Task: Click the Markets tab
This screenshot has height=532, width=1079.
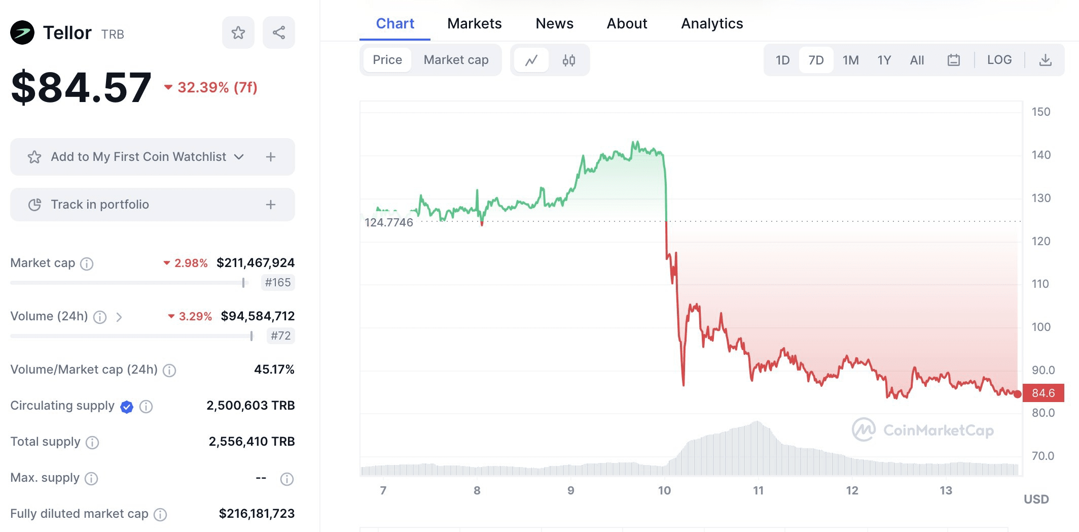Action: pyautogui.click(x=474, y=23)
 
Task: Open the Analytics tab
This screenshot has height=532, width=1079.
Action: pyautogui.click(x=711, y=23)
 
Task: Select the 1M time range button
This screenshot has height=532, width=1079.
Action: pyautogui.click(x=850, y=60)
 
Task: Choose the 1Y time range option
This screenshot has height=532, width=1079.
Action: pyautogui.click(x=884, y=60)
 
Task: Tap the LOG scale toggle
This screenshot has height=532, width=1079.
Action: pyautogui.click(x=999, y=60)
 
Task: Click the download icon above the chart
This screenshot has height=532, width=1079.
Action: pyautogui.click(x=1045, y=60)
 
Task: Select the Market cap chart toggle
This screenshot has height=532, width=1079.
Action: pyautogui.click(x=456, y=60)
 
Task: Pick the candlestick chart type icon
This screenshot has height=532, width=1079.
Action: pyautogui.click(x=568, y=60)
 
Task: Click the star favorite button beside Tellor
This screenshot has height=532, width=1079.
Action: pyautogui.click(x=238, y=33)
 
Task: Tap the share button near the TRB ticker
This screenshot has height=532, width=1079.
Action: pyautogui.click(x=278, y=33)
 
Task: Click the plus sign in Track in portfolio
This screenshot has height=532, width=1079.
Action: pyautogui.click(x=271, y=205)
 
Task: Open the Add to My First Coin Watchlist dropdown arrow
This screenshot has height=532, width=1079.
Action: pyautogui.click(x=239, y=157)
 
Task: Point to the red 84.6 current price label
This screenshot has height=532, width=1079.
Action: pyautogui.click(x=1043, y=393)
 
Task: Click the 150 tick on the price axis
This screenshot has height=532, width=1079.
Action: pyautogui.click(x=1040, y=112)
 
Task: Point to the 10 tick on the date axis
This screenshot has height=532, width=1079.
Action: pyautogui.click(x=664, y=490)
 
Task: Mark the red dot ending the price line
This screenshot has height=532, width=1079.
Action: pyautogui.click(x=1017, y=394)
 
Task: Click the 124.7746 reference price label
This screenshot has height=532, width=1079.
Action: pyautogui.click(x=389, y=222)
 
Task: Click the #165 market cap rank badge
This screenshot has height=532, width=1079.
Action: pyautogui.click(x=278, y=282)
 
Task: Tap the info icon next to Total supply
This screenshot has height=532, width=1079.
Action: pyautogui.click(x=92, y=443)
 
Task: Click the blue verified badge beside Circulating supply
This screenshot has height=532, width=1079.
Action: pyautogui.click(x=127, y=407)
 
